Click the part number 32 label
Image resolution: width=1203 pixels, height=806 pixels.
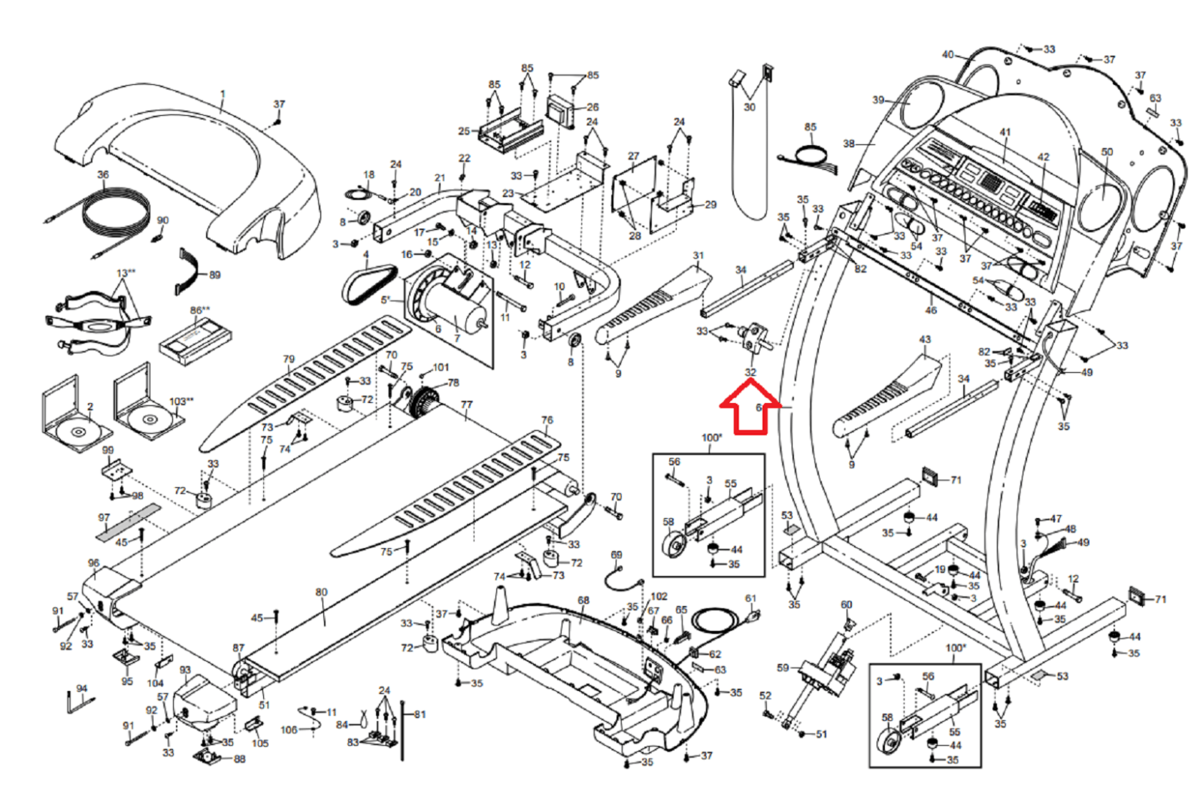pyautogui.click(x=750, y=372)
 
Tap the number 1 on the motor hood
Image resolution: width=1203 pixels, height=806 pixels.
pyautogui.click(x=223, y=95)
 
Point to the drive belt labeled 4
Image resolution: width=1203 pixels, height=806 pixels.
pyautogui.click(x=368, y=283)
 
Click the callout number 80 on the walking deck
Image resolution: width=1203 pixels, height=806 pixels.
pyautogui.click(x=321, y=592)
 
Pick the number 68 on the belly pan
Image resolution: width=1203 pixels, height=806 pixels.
pyautogui.click(x=583, y=600)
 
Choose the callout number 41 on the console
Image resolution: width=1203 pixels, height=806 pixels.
pyautogui.click(x=1005, y=132)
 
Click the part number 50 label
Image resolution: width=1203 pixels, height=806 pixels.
pyautogui.click(x=1107, y=152)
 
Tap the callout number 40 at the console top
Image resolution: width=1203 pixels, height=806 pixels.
pyautogui.click(x=948, y=54)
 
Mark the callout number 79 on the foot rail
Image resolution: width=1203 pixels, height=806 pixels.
pyautogui.click(x=289, y=359)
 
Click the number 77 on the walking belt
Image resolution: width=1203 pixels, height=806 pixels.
pyautogui.click(x=466, y=405)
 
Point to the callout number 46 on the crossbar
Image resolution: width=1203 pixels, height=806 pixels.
pyautogui.click(x=931, y=310)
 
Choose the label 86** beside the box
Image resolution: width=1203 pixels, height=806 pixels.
pyautogui.click(x=200, y=310)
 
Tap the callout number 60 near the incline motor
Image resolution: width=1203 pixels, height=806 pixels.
pyautogui.click(x=847, y=604)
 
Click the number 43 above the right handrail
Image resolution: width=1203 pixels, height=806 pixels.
pyautogui.click(x=925, y=340)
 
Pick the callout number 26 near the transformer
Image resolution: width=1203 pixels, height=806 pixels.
pyautogui.click(x=592, y=108)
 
